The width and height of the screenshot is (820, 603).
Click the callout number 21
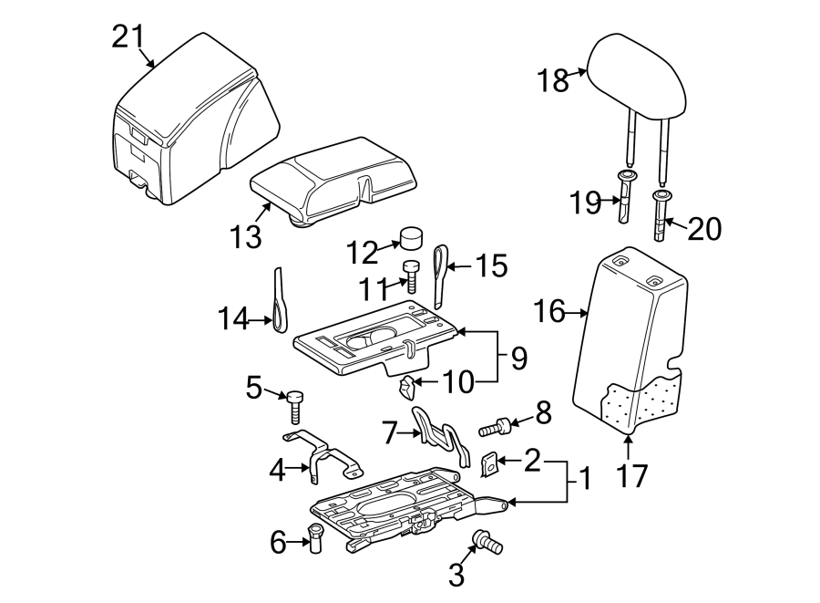point(128,36)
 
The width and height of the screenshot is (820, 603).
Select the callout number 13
point(247,237)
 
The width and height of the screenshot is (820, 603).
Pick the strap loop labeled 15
point(441,273)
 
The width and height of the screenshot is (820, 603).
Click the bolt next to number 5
point(295,403)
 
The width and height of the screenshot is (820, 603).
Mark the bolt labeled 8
point(494,425)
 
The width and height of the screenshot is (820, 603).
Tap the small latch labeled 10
point(407,387)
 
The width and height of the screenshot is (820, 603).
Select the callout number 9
point(518,357)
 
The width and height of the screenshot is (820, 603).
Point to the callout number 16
point(549,313)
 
